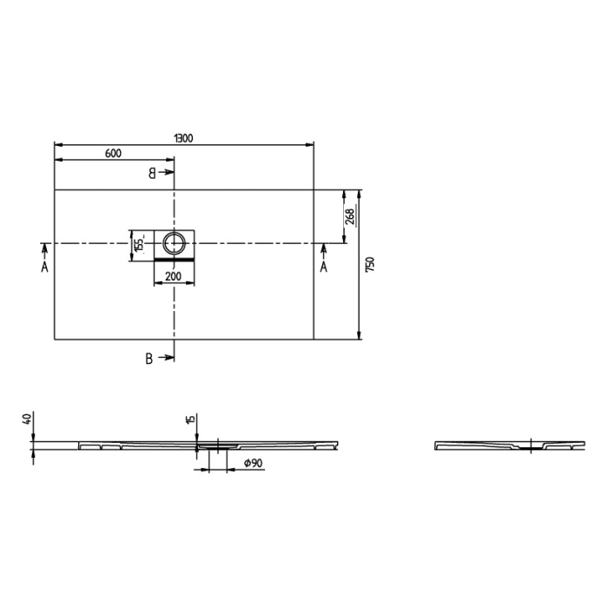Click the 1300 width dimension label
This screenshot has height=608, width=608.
[x=183, y=137]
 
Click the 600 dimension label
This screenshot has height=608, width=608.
[x=113, y=154]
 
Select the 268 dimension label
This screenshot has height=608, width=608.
[x=349, y=216]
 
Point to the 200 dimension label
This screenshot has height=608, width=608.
[x=173, y=276]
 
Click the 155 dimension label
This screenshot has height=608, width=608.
[x=137, y=242]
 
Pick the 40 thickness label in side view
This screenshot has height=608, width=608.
[x=29, y=420]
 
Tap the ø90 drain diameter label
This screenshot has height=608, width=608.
[x=253, y=464]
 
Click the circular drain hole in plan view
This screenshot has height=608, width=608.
[x=175, y=242]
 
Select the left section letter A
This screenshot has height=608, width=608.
[x=43, y=268]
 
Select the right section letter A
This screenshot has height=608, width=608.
[x=323, y=268]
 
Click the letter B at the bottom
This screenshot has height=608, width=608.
[x=149, y=359]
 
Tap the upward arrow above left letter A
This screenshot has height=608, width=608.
[x=43, y=251]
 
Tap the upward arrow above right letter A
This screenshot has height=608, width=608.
[x=323, y=251]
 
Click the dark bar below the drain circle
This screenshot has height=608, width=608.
[x=175, y=258]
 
